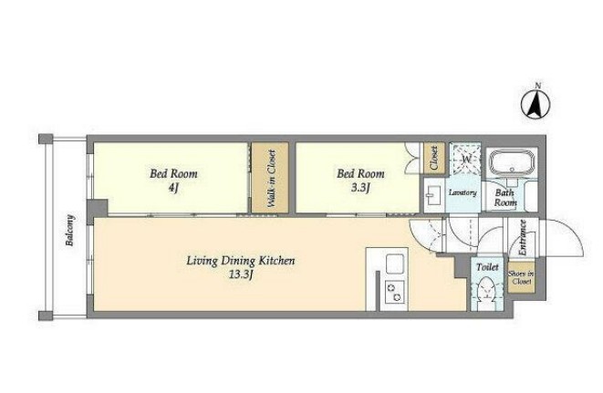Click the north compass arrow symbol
(x=535, y=105)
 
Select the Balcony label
(x=70, y=231)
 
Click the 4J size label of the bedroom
(x=174, y=188)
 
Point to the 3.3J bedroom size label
(x=360, y=188)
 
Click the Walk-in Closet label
(x=271, y=179)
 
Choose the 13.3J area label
(x=241, y=274)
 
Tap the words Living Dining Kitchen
(x=241, y=261)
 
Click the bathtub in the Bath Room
(x=512, y=162)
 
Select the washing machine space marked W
(x=466, y=159)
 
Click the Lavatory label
(x=463, y=192)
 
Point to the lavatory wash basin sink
(x=434, y=196)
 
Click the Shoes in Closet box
(x=522, y=277)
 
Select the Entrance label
(x=522, y=238)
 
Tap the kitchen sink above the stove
(x=395, y=264)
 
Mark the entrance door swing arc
(x=573, y=231)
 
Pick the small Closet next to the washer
(x=434, y=158)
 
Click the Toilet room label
(x=487, y=267)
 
